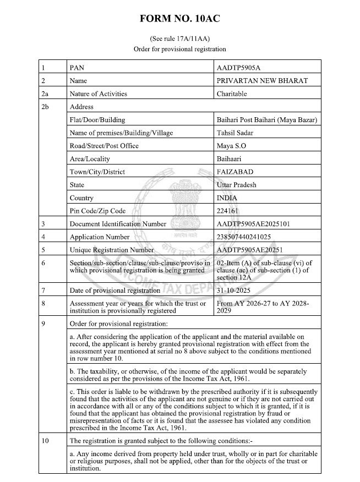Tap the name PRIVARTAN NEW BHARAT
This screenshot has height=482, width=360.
[262, 81]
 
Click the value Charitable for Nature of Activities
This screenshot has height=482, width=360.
[233, 94]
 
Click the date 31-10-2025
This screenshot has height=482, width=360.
[238, 289]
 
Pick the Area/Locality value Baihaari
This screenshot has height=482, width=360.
[232, 158]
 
